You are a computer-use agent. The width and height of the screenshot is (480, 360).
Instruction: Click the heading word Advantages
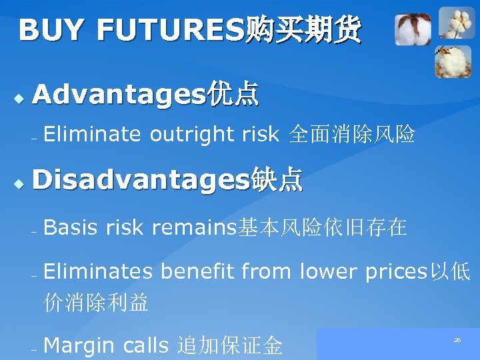coord(118,95)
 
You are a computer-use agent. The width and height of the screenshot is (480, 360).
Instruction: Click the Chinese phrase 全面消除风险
coord(352,135)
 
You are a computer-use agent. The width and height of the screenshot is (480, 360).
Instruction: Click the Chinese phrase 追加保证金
coord(230,345)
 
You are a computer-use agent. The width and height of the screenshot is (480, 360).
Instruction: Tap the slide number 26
coord(457,340)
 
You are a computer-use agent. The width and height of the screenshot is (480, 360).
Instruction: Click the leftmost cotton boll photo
coord(413,30)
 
